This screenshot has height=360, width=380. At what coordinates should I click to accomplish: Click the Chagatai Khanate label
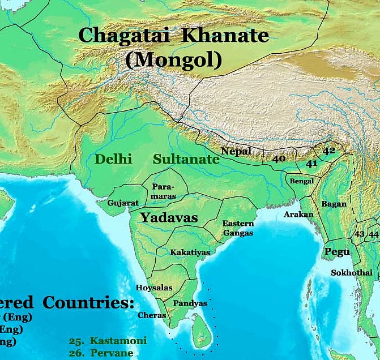(173, 35)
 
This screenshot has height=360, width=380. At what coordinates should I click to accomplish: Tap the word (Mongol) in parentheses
(173, 59)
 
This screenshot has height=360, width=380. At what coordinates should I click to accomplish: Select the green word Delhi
(113, 159)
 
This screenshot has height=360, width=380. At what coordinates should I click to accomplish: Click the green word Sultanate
(186, 159)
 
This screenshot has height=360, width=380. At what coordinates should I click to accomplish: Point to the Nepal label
(236, 151)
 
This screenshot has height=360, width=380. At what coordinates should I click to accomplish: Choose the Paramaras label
(164, 191)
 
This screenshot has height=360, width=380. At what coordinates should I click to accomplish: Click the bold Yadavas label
(169, 217)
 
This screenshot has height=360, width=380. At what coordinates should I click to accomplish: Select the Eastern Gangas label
(238, 228)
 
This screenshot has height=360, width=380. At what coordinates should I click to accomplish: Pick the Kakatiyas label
(190, 252)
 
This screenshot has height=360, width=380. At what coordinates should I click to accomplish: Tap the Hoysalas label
(154, 288)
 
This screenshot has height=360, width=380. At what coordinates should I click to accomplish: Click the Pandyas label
(190, 303)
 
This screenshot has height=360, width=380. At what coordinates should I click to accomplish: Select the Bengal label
(301, 182)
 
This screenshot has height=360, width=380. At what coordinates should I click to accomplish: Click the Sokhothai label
(352, 273)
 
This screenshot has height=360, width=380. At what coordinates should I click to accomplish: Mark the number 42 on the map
(329, 151)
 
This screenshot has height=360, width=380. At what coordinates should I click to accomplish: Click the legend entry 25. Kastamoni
(108, 341)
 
